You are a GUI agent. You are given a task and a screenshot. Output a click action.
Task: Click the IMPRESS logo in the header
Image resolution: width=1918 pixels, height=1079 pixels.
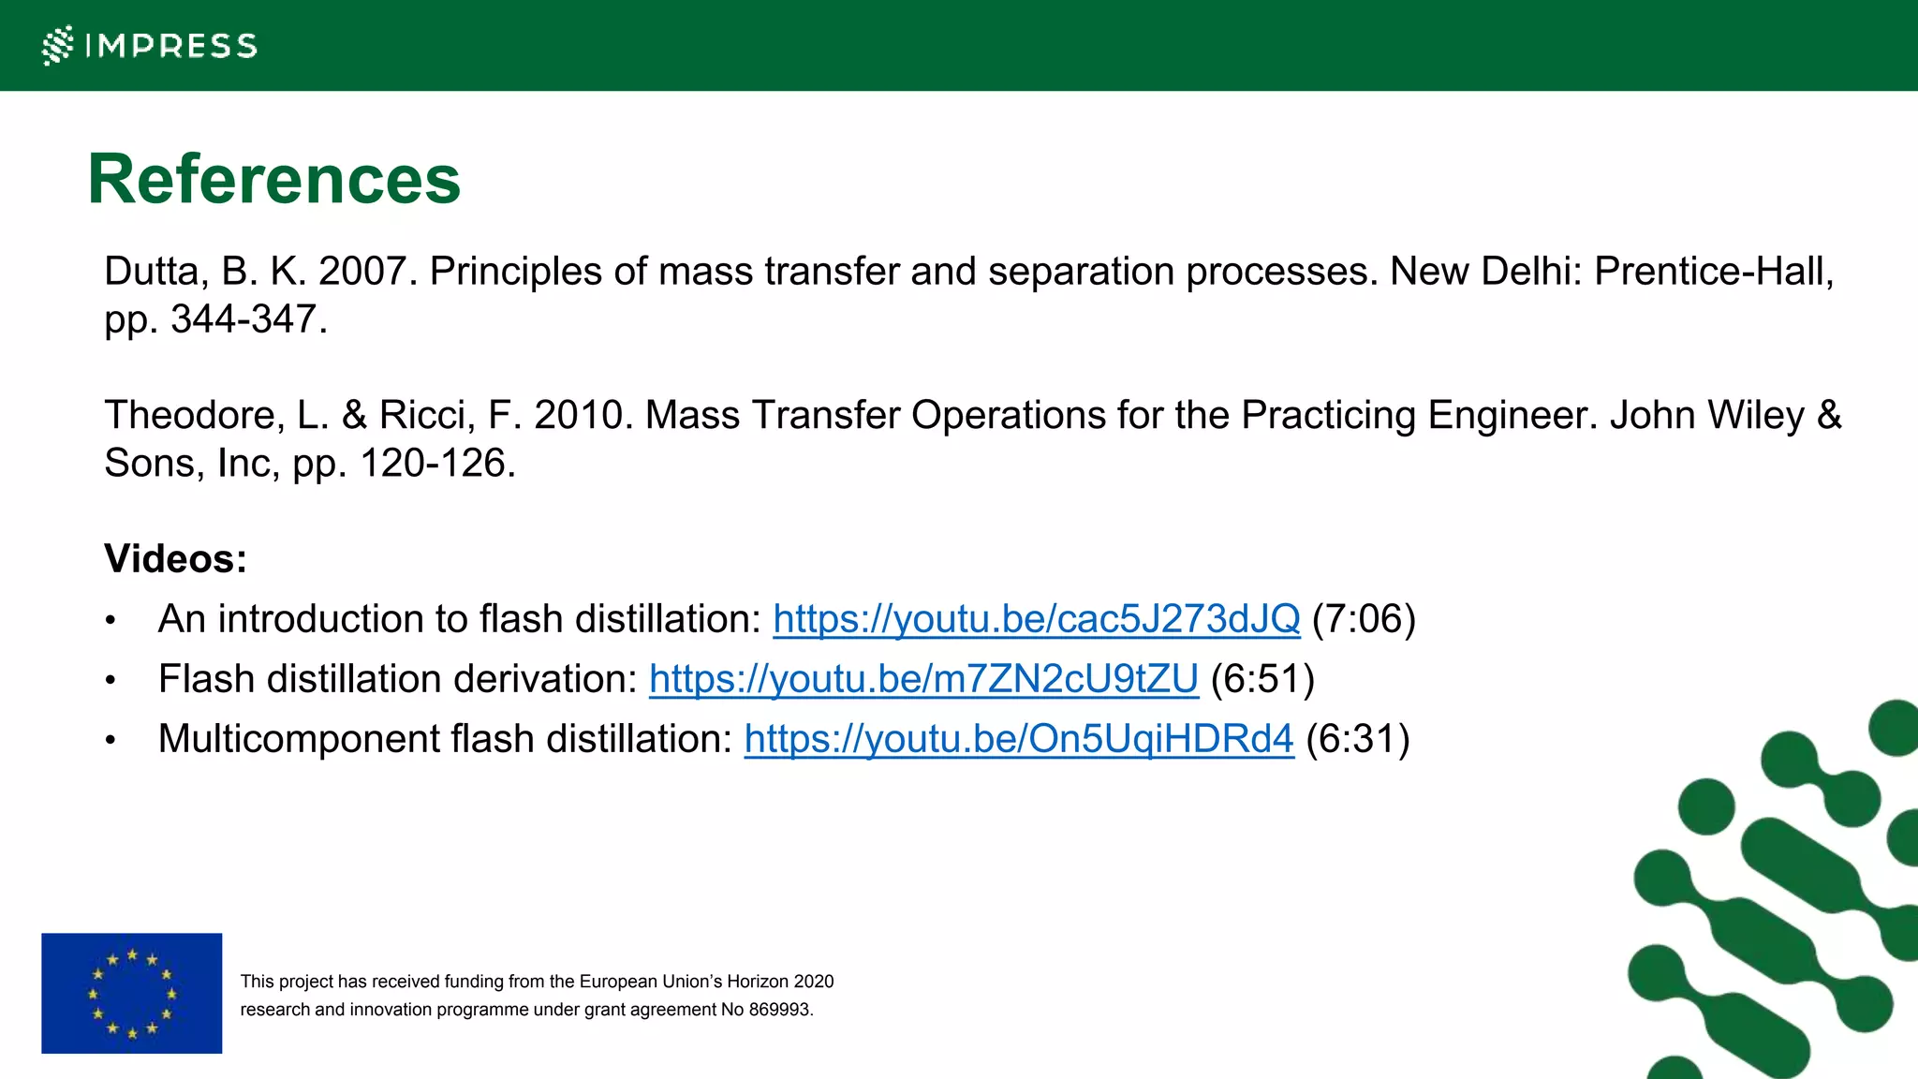(150, 45)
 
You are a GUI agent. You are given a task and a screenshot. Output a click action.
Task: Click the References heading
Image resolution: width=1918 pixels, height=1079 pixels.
(273, 179)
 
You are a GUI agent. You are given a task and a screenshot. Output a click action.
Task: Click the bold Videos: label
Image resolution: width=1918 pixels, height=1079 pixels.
(175, 559)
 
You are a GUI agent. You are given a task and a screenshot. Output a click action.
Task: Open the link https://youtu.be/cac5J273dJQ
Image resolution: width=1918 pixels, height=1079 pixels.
(1036, 619)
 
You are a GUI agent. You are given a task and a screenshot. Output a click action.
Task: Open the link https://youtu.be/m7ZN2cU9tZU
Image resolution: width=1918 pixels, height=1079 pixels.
(923, 679)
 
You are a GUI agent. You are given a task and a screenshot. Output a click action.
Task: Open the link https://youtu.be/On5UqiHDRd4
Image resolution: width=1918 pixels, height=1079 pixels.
(1019, 739)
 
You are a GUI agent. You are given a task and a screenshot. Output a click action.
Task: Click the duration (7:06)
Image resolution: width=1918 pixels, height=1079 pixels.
(1364, 619)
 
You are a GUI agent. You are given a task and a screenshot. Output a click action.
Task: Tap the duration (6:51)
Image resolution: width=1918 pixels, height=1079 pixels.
(1262, 679)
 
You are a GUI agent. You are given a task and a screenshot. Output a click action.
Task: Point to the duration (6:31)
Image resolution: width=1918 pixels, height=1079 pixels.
(1358, 739)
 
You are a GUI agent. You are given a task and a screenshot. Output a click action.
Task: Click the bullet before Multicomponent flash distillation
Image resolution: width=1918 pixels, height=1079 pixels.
(111, 741)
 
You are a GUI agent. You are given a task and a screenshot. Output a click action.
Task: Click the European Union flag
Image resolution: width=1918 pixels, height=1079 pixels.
(132, 993)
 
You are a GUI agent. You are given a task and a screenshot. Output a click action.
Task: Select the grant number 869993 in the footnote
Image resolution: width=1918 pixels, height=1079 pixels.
(779, 1010)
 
